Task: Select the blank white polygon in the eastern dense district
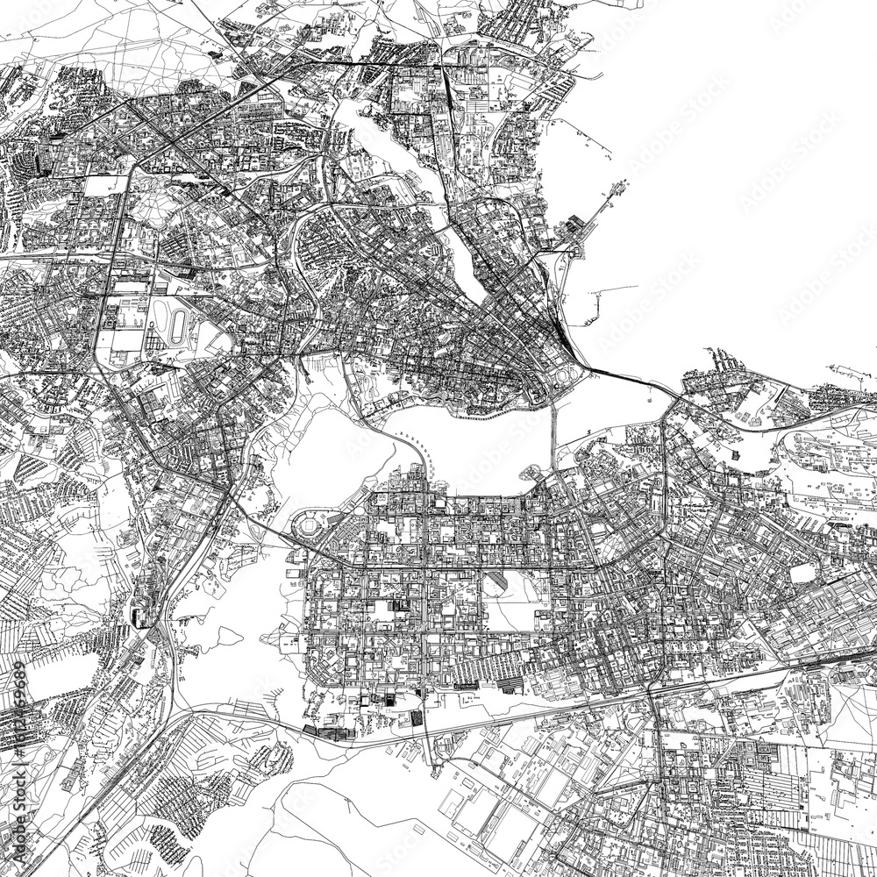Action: pyautogui.click(x=803, y=573)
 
